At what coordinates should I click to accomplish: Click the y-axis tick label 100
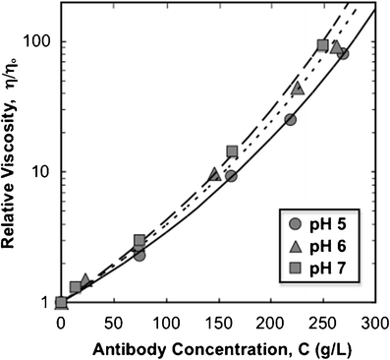pos(35,41)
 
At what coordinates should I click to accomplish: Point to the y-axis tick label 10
pos(39,171)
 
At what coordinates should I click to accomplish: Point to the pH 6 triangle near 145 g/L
pos(214,174)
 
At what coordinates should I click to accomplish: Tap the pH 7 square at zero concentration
pos(61,303)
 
